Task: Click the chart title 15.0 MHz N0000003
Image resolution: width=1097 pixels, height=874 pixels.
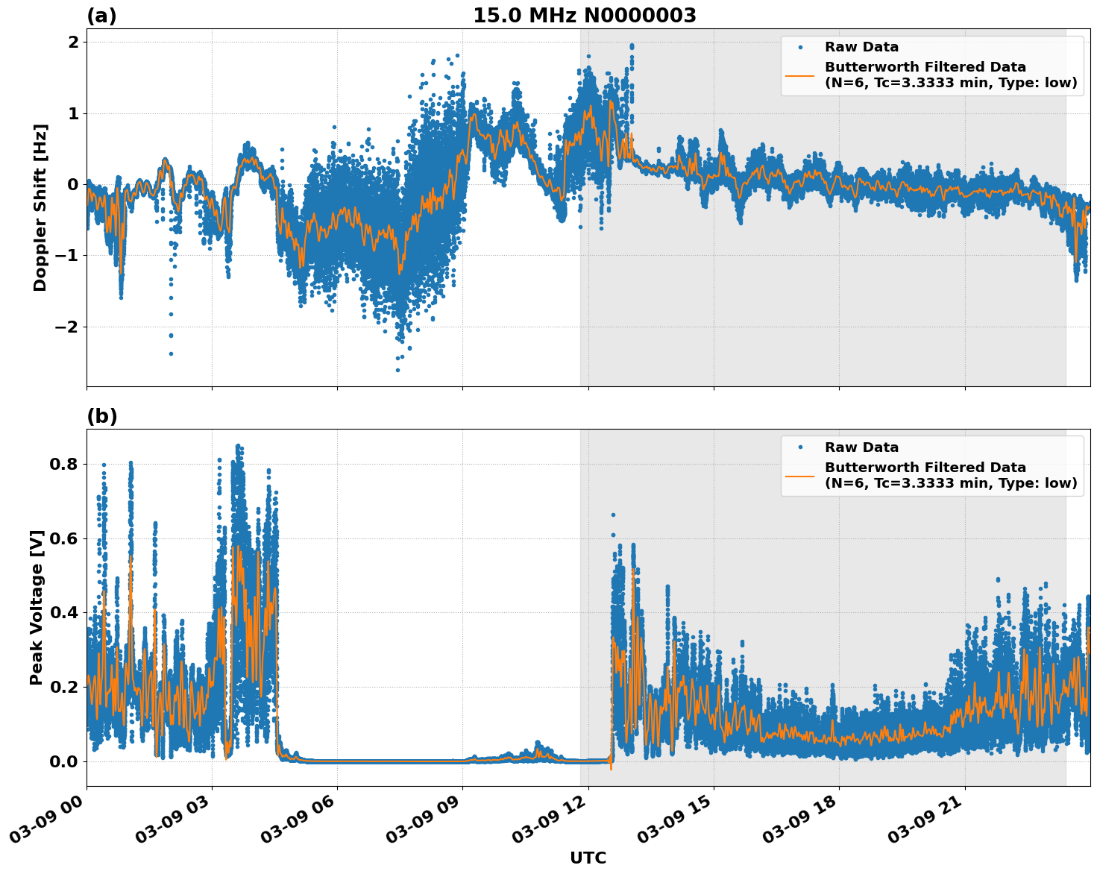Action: point(584,16)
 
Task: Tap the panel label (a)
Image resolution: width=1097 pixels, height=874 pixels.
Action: point(101,16)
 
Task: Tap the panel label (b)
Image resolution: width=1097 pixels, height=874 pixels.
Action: point(101,416)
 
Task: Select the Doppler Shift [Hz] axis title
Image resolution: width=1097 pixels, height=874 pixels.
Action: point(40,207)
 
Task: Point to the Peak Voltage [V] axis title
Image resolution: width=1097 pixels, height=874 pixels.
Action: point(37,607)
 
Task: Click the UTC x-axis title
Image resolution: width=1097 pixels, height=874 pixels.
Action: point(588,858)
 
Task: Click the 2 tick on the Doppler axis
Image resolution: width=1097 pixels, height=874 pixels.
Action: point(73,43)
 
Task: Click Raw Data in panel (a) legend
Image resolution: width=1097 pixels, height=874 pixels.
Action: point(861,47)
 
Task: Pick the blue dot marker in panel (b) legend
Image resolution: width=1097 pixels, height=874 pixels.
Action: point(800,447)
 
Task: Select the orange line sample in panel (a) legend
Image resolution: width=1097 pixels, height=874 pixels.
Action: point(800,75)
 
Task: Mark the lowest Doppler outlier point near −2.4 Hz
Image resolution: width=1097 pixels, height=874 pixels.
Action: point(171,353)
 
